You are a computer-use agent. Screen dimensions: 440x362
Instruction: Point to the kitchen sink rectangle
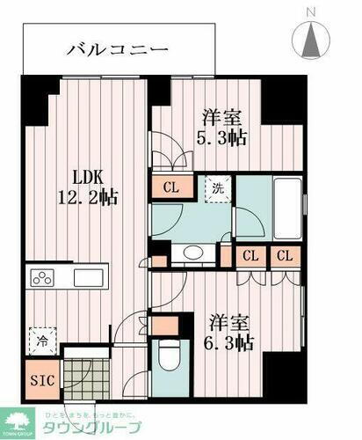click(x=90, y=278)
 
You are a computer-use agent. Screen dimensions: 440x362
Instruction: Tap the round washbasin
click(x=191, y=254)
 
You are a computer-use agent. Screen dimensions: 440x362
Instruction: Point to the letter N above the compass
click(x=312, y=11)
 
